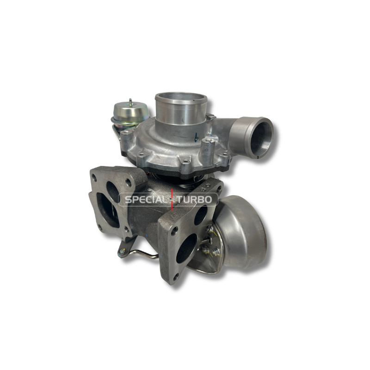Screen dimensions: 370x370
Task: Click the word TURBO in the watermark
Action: coord(194,200)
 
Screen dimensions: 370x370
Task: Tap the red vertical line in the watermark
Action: coord(172,199)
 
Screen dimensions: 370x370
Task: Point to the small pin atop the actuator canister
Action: coord(131,101)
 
